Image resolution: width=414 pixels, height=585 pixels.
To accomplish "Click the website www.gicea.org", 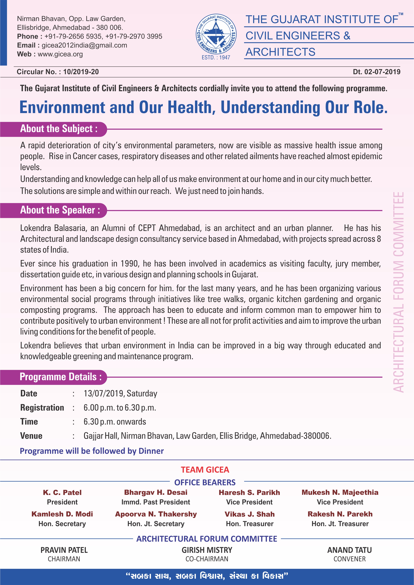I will pyautogui.click(x=60, y=54).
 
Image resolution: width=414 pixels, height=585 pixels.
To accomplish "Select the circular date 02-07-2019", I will pyautogui.click(x=382, y=72).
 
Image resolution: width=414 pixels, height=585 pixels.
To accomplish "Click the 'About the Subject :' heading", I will pyautogui.click(x=59, y=129).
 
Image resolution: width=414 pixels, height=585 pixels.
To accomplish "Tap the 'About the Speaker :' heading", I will pyautogui.click(x=60, y=210).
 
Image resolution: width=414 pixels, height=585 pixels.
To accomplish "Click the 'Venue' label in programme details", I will pyautogui.click(x=31, y=436).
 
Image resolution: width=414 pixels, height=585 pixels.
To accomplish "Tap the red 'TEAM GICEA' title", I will pyautogui.click(x=205, y=470).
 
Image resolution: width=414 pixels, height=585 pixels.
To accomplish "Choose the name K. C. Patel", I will pyautogui.click(x=62, y=492).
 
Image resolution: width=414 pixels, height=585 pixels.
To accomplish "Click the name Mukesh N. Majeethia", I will pyautogui.click(x=340, y=492).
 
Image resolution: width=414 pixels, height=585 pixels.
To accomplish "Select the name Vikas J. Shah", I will pyautogui.click(x=250, y=514).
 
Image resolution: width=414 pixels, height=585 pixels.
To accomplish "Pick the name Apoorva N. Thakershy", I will pyautogui.click(x=156, y=514).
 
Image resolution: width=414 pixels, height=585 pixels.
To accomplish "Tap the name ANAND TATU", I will pyautogui.click(x=349, y=550).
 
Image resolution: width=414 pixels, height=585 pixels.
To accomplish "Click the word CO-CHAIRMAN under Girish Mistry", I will pyautogui.click(x=207, y=559).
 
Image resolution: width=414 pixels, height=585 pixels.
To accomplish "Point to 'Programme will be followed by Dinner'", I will pyautogui.click(x=92, y=451).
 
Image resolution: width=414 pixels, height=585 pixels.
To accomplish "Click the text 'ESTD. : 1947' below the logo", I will pyautogui.click(x=216, y=58).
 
